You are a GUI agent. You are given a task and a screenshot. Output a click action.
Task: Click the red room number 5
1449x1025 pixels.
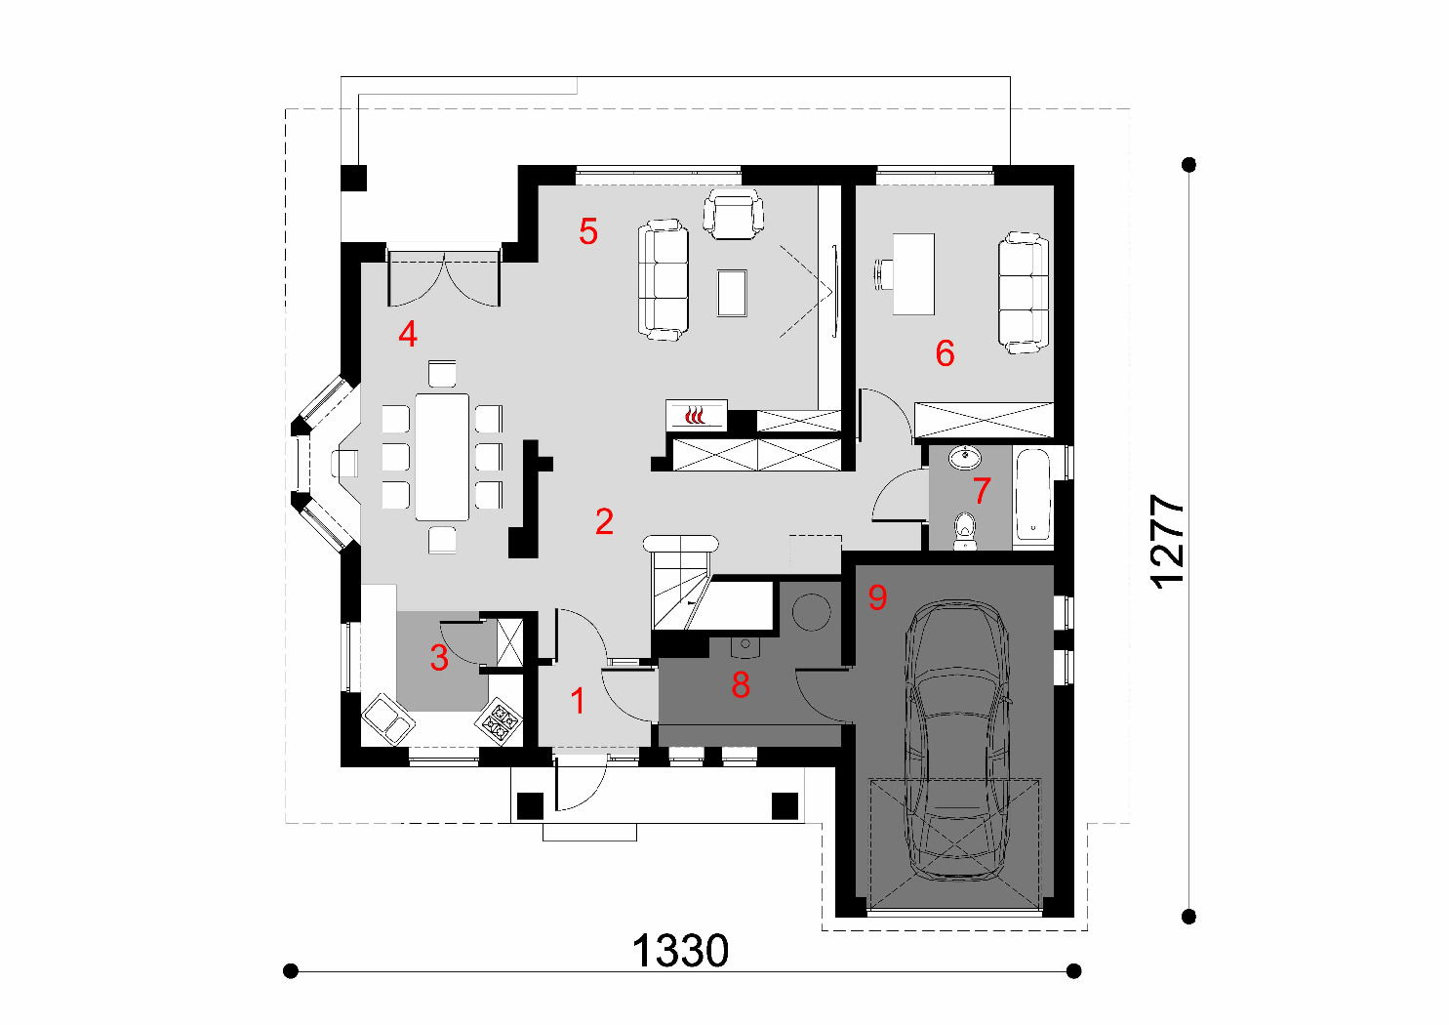[x=588, y=231]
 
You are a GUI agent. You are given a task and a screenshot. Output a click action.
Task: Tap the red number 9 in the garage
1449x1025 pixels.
[x=877, y=596]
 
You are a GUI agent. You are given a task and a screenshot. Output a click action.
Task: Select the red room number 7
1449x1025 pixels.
[x=982, y=490]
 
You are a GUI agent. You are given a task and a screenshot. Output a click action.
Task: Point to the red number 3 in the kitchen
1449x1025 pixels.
[x=439, y=657]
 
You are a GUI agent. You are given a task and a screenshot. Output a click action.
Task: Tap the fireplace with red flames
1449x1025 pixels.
[x=697, y=415]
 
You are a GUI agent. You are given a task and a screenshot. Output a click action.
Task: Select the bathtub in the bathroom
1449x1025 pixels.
[x=1032, y=495]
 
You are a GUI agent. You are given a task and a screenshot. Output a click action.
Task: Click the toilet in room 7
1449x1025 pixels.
[x=964, y=531]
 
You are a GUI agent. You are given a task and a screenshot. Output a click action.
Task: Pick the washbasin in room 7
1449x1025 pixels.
[x=964, y=458]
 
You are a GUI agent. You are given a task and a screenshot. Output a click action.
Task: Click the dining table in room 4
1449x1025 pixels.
[x=442, y=457]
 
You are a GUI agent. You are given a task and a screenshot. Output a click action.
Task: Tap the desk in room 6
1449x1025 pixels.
[x=913, y=274]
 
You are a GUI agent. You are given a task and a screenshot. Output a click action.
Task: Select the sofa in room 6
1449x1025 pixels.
[x=1023, y=293]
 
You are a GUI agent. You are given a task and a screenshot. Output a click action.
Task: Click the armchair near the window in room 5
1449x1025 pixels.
[x=733, y=214]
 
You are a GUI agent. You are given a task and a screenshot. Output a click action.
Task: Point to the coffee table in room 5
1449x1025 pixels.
[x=732, y=293]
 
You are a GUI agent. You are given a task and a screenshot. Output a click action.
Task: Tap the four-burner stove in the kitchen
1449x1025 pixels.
[x=499, y=720]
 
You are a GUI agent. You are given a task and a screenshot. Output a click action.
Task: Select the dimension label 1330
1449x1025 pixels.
[x=680, y=951]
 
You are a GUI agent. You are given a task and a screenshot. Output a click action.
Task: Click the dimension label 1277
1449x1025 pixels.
[x=1168, y=542]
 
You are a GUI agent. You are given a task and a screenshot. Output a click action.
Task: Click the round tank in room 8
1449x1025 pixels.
[x=811, y=612]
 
